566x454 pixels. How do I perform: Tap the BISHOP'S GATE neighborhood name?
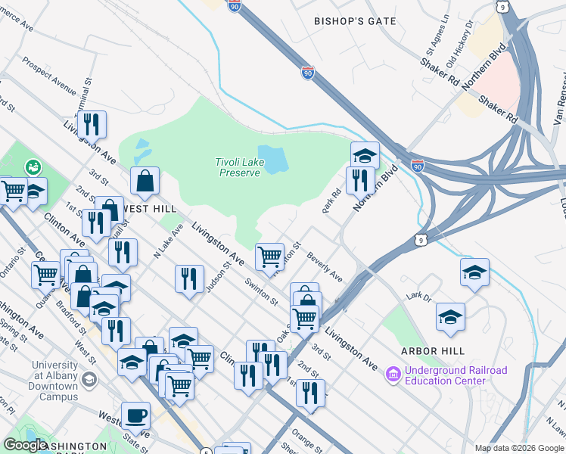[355, 21]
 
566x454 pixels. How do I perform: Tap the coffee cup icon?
[135, 415]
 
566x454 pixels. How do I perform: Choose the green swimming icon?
[33, 166]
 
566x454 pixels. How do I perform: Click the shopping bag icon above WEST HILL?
[145, 181]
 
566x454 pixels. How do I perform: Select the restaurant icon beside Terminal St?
[92, 124]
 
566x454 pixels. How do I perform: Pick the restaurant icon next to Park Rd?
[360, 180]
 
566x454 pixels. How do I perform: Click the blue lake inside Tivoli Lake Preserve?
[273, 158]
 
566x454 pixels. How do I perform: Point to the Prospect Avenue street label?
[49, 76]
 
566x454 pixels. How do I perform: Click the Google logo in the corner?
[25, 445]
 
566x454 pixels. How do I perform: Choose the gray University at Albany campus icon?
[89, 378]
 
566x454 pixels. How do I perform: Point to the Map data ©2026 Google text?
[518, 448]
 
